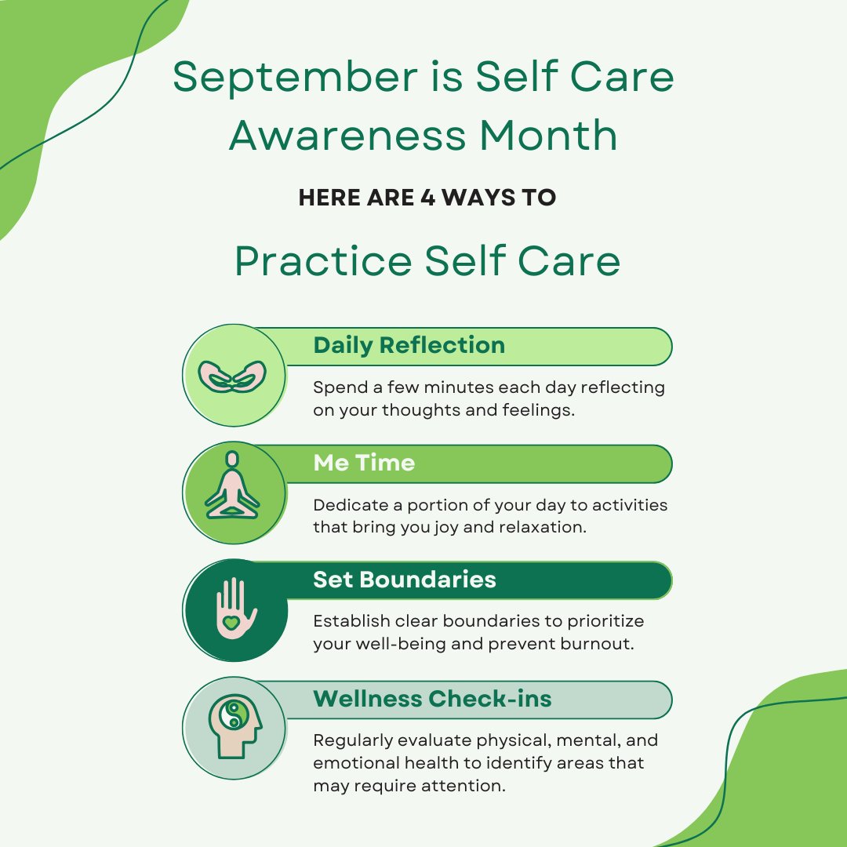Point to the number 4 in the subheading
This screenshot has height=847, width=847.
point(428,198)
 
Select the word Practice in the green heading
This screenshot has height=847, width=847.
point(324,262)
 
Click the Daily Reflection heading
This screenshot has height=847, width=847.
point(409,345)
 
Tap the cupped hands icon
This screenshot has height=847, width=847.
point(232,376)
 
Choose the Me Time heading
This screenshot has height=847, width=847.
point(364,463)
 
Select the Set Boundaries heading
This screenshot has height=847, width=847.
point(405,580)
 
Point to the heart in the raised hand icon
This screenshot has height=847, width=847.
point(231,622)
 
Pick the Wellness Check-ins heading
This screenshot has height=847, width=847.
point(432,699)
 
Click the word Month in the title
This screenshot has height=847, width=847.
point(549,136)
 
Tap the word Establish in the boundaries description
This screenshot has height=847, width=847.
point(350,621)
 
